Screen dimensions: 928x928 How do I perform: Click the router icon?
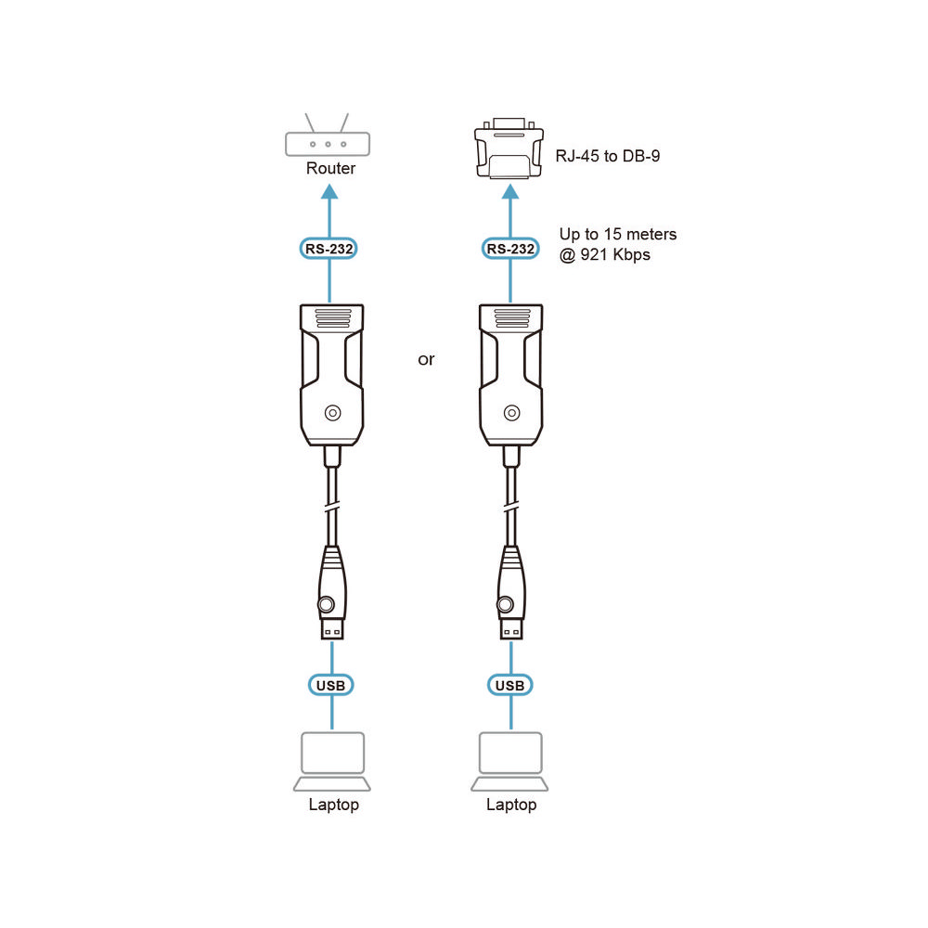click(328, 142)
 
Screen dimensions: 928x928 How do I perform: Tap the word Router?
click(330, 169)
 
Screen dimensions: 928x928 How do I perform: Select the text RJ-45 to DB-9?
click(607, 157)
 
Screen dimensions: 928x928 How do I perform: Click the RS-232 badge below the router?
click(330, 249)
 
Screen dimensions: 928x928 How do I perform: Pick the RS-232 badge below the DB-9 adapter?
click(509, 249)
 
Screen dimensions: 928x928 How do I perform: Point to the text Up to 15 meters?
click(617, 234)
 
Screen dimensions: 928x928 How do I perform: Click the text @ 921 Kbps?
click(604, 254)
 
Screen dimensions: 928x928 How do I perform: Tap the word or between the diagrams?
click(426, 359)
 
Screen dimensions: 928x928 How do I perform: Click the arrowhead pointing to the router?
click(330, 191)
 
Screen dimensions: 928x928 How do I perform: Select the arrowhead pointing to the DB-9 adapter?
click(509, 191)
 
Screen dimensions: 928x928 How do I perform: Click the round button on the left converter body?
click(331, 413)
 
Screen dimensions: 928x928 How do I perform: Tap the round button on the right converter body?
click(510, 413)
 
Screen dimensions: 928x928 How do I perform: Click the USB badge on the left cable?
click(331, 685)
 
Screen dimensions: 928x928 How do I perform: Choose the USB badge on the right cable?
click(509, 685)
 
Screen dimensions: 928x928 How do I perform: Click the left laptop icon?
click(332, 761)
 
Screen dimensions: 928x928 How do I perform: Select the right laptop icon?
click(510, 761)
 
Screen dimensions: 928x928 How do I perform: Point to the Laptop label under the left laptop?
click(333, 805)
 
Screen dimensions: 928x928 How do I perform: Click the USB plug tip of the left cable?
click(332, 629)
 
